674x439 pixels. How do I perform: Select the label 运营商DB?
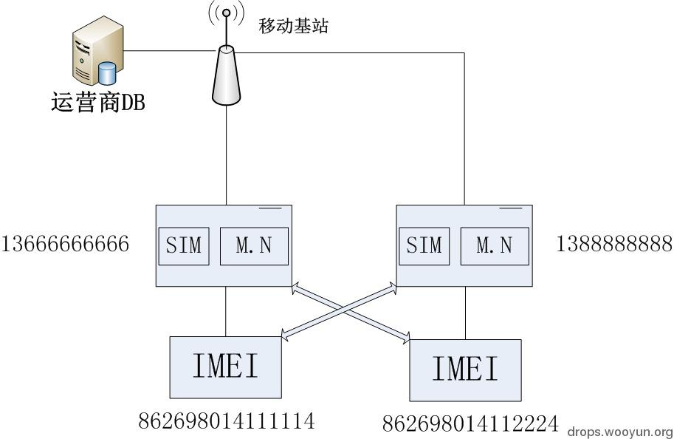(x=97, y=103)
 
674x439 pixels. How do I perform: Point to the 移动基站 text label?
(x=293, y=27)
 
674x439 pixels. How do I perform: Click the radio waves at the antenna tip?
(x=227, y=13)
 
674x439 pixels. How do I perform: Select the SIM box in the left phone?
(x=184, y=245)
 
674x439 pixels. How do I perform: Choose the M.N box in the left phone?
(x=254, y=246)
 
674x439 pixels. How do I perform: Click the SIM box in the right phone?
(x=424, y=245)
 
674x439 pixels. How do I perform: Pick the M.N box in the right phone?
(x=495, y=246)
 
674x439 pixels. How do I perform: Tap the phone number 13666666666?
(x=66, y=244)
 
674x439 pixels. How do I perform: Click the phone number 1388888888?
(x=614, y=244)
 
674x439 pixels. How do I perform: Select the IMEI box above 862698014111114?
(x=226, y=367)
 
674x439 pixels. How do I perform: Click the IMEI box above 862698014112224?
(x=465, y=370)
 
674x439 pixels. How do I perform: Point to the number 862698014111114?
(x=227, y=421)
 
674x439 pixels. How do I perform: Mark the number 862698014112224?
(x=470, y=423)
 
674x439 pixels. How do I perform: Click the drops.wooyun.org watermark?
(x=620, y=432)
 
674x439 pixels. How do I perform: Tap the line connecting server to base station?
(x=170, y=51)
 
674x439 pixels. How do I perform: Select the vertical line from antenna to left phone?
(x=227, y=155)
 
